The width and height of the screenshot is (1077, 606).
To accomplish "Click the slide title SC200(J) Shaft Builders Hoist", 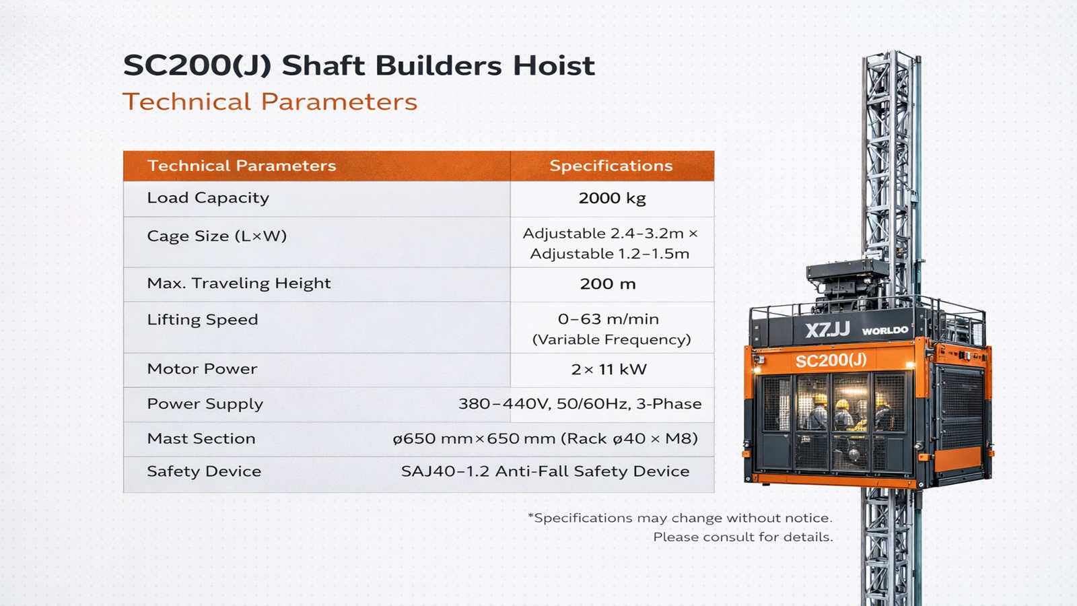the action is tap(359, 65).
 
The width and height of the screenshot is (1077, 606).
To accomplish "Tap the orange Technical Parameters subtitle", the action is tap(270, 102).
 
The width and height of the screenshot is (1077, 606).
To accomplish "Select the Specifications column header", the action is tap(611, 166).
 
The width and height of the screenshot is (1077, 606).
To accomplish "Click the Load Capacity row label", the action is tap(208, 198).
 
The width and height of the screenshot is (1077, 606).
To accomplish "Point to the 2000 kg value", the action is tap(612, 198).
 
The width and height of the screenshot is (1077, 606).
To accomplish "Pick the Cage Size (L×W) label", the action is tap(217, 236).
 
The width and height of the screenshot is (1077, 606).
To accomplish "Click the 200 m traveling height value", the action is tap(608, 283).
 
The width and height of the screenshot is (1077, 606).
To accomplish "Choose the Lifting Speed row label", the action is tap(203, 320).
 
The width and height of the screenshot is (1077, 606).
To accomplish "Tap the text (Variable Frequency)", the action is tap(612, 339).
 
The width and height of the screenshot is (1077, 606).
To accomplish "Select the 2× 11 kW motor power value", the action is tap(609, 370).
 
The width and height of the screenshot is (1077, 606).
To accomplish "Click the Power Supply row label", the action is tap(205, 404).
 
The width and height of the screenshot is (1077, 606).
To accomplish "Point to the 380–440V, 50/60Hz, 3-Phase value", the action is tap(580, 403).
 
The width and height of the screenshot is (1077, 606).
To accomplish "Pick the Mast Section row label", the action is tap(201, 438).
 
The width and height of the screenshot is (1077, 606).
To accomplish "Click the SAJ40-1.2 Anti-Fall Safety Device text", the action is tap(545, 471).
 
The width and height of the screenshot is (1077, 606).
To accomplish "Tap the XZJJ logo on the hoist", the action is tap(827, 330).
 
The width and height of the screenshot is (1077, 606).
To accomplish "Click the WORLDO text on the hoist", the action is tap(885, 331).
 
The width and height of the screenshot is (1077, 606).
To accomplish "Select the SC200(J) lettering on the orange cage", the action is tap(831, 361).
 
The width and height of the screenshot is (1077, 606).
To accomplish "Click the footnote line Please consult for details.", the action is tap(743, 537).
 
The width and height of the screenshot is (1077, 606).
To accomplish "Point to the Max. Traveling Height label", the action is tap(239, 283).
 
